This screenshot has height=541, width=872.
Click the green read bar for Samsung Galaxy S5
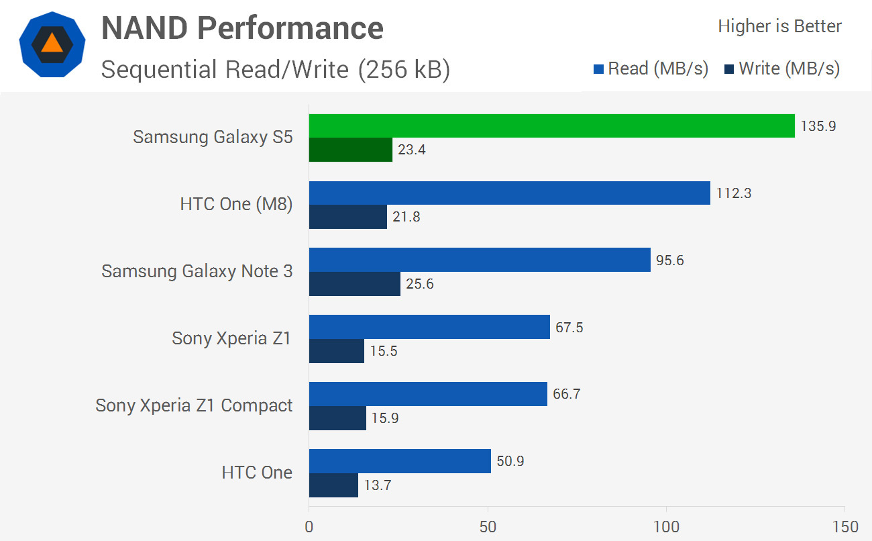point(551,126)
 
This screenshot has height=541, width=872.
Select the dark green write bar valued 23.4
point(351,150)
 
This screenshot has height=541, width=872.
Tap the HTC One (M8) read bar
point(509,193)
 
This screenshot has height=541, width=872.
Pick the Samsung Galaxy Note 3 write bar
point(355,284)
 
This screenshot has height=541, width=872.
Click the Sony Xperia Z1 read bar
point(429,328)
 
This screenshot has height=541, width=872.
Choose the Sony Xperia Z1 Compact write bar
point(337,418)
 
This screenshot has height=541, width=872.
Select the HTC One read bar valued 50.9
point(400,462)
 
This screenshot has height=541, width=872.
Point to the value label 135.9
point(818,126)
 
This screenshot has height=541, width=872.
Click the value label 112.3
point(733,193)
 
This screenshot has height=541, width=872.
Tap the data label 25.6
point(420,284)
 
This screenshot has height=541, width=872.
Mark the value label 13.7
point(378,485)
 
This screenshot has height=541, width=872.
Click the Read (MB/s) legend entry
point(651,68)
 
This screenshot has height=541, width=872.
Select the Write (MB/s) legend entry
point(782,68)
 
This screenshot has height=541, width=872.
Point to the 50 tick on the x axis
point(488,526)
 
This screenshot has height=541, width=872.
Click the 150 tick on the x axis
point(844,526)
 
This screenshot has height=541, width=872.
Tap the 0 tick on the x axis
point(309,526)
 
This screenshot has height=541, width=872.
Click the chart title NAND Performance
point(242,28)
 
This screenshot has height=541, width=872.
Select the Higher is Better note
point(779,26)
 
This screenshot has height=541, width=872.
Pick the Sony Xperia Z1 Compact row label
point(194,405)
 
